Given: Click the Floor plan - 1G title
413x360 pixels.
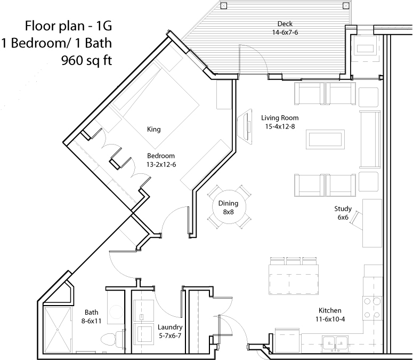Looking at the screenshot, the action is pos(69,26).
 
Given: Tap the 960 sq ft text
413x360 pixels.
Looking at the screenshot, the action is pos(87,60).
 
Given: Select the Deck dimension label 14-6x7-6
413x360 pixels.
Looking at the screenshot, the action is pos(285,33).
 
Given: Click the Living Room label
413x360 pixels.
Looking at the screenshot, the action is pos(280,118).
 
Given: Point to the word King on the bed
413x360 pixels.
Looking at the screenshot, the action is pos(154,130).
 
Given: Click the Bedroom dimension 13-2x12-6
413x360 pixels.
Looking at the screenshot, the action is pos(161,165).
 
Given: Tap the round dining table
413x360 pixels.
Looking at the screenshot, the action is pos(229,207).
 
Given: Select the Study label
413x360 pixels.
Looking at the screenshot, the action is pos(343,209).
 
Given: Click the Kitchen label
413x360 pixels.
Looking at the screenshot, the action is pos(330,310).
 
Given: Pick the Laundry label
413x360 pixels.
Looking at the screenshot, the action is pos(170,327).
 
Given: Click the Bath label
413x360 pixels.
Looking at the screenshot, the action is pos(92,313).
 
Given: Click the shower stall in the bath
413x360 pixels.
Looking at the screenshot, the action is pos(58,330).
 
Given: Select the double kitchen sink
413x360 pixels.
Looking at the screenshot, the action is pos(335,343).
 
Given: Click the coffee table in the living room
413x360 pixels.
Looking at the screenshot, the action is pos(325,139).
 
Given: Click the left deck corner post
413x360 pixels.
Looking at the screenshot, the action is pos(223,5).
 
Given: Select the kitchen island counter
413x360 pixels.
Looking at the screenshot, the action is pos(294,279).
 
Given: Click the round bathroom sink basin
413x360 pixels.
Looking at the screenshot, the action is pos(116,311).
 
